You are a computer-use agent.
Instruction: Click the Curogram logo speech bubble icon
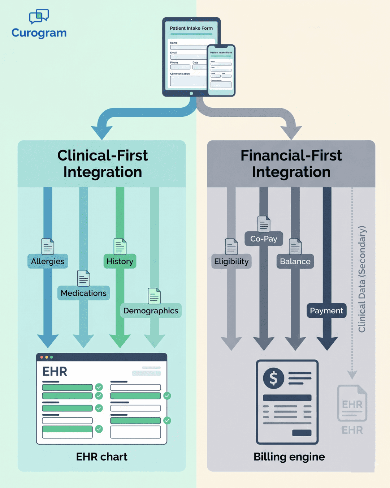pyautogui.click(x=39, y=16)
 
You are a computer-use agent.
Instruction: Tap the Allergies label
pyautogui.click(x=48, y=261)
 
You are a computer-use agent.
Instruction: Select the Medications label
pyautogui.click(x=83, y=293)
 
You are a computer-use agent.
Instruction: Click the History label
pyautogui.click(x=120, y=261)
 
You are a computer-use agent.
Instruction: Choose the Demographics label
pyautogui.click(x=151, y=311)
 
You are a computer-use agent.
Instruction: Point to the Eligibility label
pyautogui.click(x=231, y=261)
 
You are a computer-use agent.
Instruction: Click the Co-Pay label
pyautogui.click(x=264, y=239)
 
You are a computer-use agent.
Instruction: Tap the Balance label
pyautogui.click(x=295, y=261)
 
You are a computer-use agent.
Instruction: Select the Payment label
pyautogui.click(x=326, y=311)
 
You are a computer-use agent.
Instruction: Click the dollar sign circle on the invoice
pyautogui.click(x=273, y=378)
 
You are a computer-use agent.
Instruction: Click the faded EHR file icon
pyautogui.click(x=352, y=403)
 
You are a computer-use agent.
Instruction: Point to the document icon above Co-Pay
pyautogui.click(x=264, y=224)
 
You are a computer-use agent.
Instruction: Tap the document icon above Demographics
pyautogui.click(x=154, y=296)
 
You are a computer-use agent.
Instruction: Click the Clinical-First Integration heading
pyautogui.click(x=102, y=164)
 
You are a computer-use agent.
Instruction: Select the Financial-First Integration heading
pyautogui.click(x=291, y=164)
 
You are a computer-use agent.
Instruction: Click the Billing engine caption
pyautogui.click(x=289, y=457)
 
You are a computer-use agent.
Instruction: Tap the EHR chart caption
pyautogui.click(x=101, y=457)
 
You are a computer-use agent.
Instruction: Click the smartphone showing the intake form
pyautogui.click(x=221, y=70)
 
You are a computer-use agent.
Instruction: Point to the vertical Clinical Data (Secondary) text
pyautogui.click(x=362, y=279)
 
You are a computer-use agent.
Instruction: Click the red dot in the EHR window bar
pyautogui.click(x=42, y=357)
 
